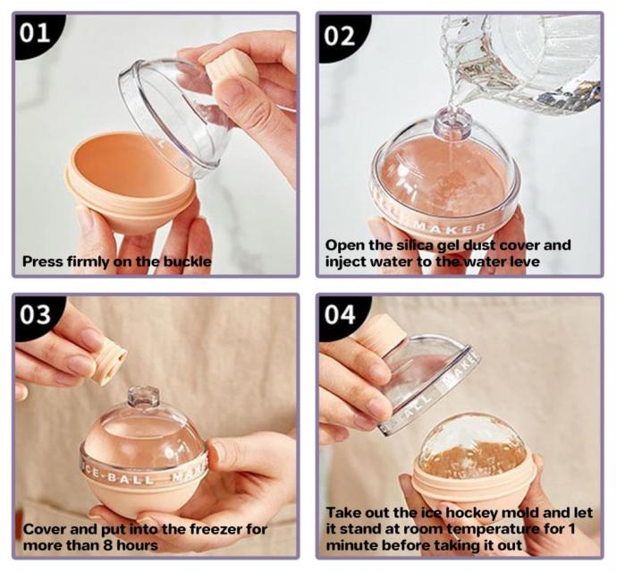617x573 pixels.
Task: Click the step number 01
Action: [35, 32]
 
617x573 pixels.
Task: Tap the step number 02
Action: [339, 36]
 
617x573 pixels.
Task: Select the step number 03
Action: [36, 314]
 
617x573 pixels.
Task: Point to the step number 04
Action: [340, 315]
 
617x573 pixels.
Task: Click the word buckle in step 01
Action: [187, 261]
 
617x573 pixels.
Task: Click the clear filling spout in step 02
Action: [452, 122]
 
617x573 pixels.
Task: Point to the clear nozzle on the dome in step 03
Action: [143, 398]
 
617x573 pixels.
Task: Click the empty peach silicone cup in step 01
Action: [131, 181]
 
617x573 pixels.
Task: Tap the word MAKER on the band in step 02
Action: [450, 227]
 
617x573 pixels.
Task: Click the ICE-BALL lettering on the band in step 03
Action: [118, 477]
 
